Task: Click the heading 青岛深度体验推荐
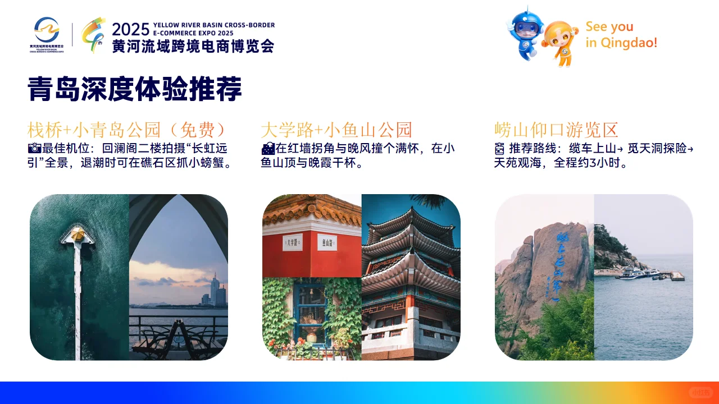click(135, 90)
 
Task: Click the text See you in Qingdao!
click(621, 35)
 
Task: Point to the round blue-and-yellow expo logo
click(47, 30)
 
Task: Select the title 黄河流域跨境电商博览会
click(193, 46)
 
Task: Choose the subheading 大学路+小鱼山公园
click(336, 130)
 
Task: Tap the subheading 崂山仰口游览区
click(556, 130)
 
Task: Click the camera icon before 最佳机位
click(34, 148)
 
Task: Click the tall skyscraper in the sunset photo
click(215, 289)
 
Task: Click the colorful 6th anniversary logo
click(93, 35)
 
